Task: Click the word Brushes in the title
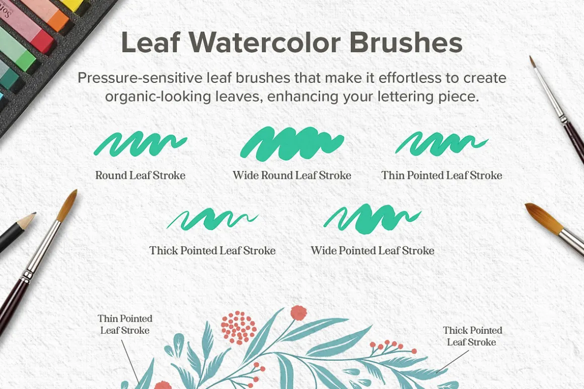[406, 42]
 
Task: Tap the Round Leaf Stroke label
[140, 175]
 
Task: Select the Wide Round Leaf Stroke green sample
[292, 144]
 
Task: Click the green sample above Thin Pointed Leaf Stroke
[442, 144]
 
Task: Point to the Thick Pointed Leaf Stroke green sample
[212, 219]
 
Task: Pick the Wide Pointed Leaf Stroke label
[373, 251]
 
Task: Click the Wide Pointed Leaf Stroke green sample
[373, 219]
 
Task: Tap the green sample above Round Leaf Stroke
[140, 144]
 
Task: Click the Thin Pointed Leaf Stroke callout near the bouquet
[125, 324]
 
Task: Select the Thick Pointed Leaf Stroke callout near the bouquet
[472, 336]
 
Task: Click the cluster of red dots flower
[238, 327]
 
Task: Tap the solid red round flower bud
[299, 313]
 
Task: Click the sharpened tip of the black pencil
[35, 214]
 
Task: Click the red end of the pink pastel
[44, 41]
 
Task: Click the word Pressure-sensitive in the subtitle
[139, 78]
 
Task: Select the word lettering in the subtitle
[405, 96]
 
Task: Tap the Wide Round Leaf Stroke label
[292, 175]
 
